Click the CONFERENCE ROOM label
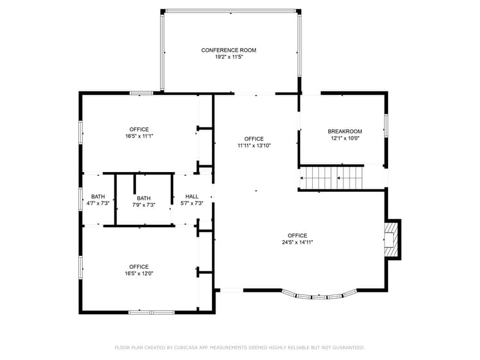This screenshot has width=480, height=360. pos(229,50)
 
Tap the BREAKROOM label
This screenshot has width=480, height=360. pos(345,131)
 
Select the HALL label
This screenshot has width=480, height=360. pos(192,197)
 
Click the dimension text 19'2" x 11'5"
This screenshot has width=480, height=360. pos(229,58)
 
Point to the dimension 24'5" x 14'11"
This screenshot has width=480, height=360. pos(298,242)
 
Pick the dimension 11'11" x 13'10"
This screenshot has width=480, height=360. pos(254,146)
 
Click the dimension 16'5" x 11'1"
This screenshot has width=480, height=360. pos(139,137)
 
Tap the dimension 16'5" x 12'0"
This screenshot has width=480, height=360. pos(139,274)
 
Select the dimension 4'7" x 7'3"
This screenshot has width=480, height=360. pos(98,203)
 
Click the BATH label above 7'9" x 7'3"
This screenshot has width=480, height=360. pos(144,198)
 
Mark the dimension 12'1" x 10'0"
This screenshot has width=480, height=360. pos(345,138)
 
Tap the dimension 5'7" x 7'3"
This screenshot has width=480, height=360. pos(192,203)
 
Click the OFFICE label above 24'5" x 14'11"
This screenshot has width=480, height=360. pos(298,236)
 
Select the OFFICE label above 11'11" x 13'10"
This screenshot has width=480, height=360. pos(254,139)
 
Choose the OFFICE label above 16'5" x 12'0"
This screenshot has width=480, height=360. pos(139,267)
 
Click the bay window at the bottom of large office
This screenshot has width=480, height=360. pos(319,296)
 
